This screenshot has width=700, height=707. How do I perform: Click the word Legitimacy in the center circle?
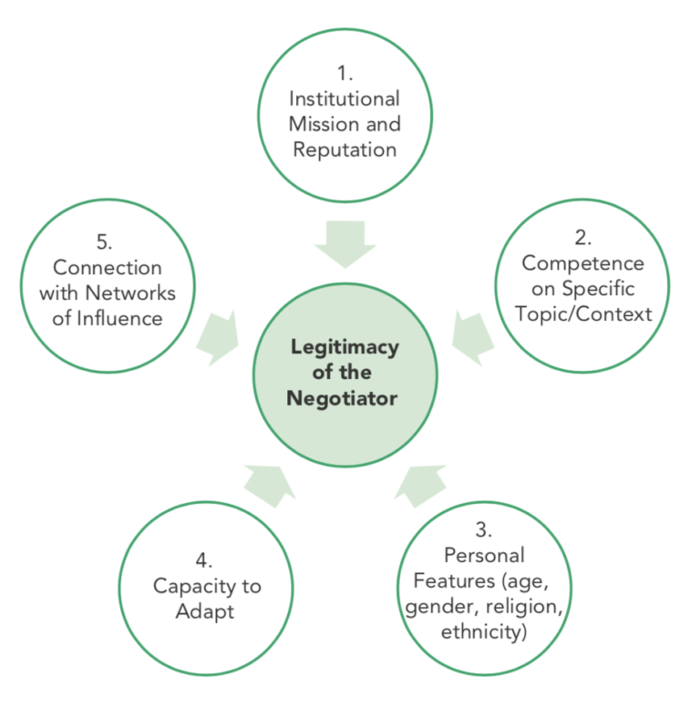(x=345, y=346)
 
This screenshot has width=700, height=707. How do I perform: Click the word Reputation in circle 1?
(x=345, y=149)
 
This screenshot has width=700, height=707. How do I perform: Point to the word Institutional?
(x=345, y=98)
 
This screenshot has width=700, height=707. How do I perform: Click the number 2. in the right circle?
(x=582, y=238)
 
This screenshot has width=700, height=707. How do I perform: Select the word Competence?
(x=582, y=263)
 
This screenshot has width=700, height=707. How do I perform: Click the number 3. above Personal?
(x=483, y=529)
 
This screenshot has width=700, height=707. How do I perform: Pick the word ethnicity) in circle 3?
(x=483, y=630)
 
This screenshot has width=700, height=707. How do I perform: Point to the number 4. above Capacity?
(x=205, y=560)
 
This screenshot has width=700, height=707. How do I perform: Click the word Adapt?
(x=205, y=610)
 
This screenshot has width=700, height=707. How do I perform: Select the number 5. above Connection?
(x=108, y=242)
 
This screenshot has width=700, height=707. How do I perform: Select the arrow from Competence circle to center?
(x=470, y=332)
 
